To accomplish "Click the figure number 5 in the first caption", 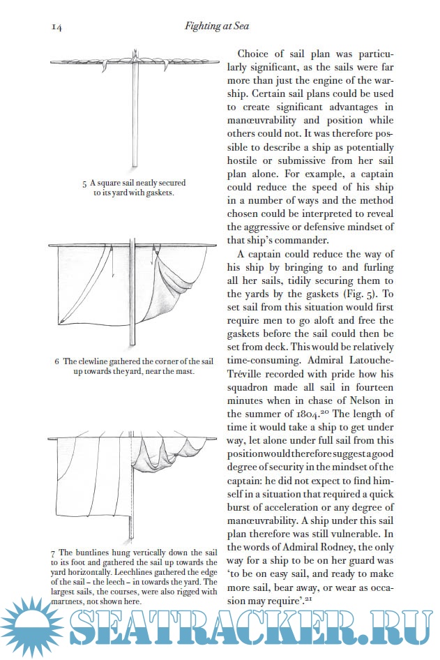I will tap(84, 183).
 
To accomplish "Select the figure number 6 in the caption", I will tap(56, 361).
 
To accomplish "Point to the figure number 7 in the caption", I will tap(53, 553).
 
